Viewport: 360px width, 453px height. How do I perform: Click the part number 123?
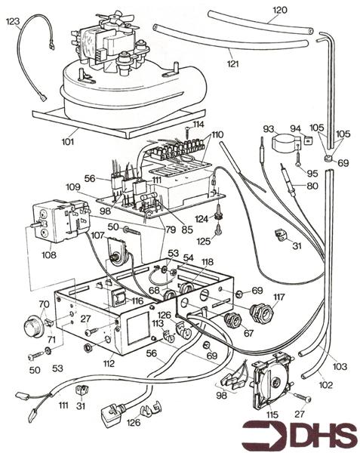[x=13, y=23]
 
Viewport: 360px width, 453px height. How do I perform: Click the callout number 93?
[x=268, y=130]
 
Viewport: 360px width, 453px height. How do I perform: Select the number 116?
[x=138, y=301]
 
